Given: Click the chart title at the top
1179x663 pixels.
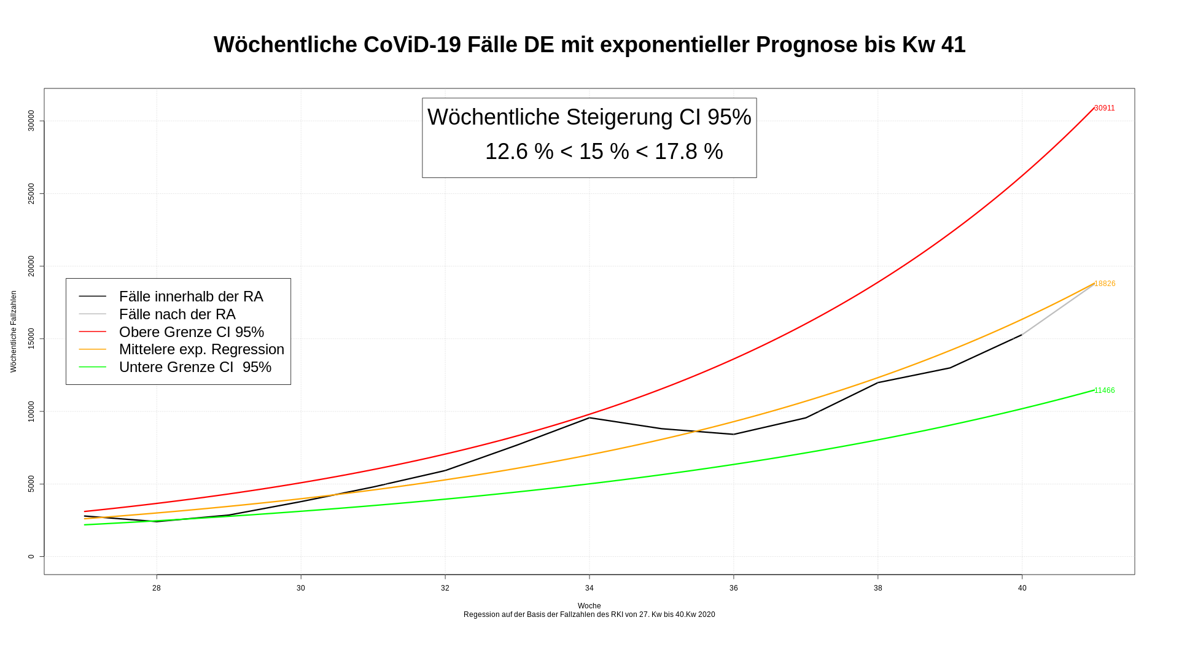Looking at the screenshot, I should point(589,45).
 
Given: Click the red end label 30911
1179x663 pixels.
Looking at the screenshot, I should point(1104,108).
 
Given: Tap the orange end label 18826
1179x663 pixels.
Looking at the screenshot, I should point(1105,284).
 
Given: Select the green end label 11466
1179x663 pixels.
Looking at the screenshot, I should point(1104,390).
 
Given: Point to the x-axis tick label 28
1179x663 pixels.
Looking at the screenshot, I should point(157,588).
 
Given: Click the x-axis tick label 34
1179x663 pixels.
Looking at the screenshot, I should point(589,588).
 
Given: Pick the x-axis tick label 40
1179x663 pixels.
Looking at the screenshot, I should point(1022,588).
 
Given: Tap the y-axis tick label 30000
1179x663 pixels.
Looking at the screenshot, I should point(31,121).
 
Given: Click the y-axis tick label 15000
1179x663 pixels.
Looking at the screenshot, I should point(31,339).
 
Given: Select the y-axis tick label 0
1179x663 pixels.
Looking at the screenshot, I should point(31,557).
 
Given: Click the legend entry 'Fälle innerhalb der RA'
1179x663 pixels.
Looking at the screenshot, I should point(191,297).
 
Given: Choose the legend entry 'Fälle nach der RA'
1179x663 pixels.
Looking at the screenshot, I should point(177,314).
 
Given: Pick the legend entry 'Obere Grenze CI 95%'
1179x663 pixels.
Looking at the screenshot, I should point(192,332).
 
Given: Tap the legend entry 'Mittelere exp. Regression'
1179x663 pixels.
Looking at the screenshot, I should point(201,349).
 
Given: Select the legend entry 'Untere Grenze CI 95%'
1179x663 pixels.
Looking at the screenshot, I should point(195,367).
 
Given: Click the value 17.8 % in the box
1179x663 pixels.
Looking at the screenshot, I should point(688,152).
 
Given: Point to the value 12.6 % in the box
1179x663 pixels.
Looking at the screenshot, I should point(519,152).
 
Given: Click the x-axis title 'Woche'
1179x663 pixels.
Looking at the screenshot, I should point(589,606).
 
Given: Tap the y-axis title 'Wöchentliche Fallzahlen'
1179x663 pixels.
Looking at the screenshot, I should point(14,331).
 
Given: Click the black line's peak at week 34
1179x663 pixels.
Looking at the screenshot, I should point(589,417).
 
